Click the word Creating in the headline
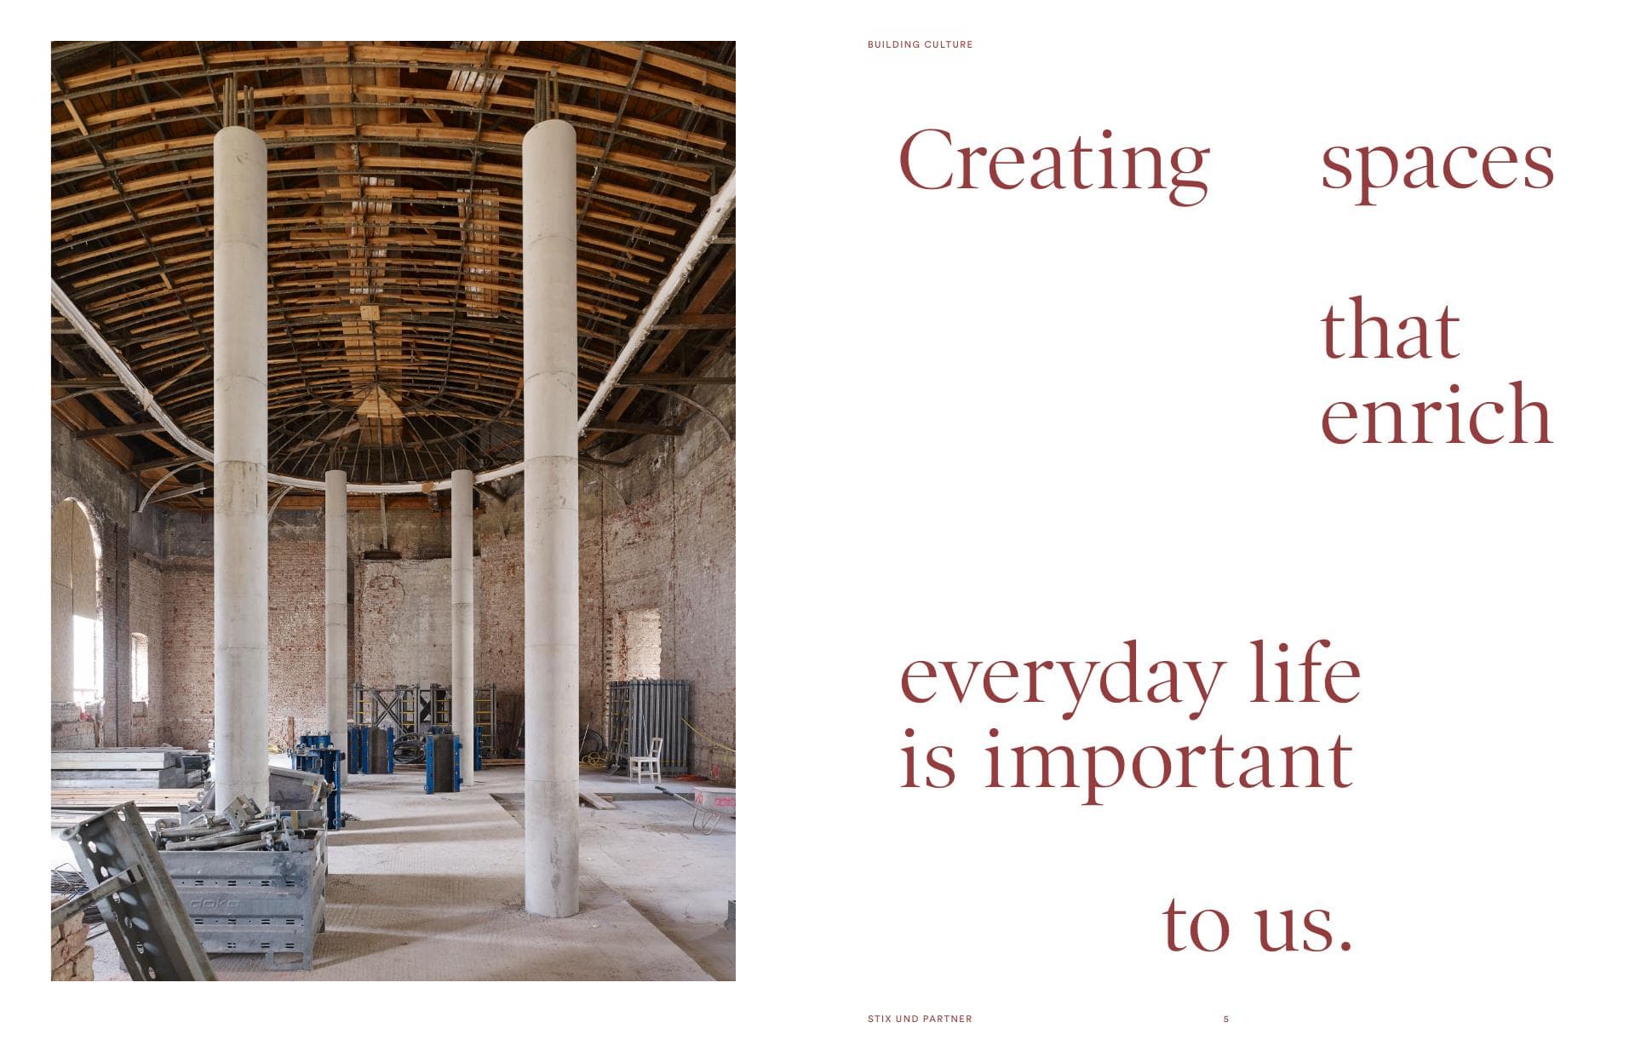(x=1054, y=164)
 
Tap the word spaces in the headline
(x=1437, y=168)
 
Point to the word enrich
(x=1437, y=413)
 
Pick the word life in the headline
(x=1305, y=671)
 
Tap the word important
(x=1168, y=763)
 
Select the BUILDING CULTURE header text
(x=920, y=44)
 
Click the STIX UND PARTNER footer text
(x=920, y=1019)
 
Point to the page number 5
(x=1226, y=1019)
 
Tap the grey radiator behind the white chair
(x=649, y=724)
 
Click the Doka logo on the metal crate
(x=214, y=902)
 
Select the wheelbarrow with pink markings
(x=702, y=806)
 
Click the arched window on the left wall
(x=77, y=605)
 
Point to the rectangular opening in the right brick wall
(x=642, y=645)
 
